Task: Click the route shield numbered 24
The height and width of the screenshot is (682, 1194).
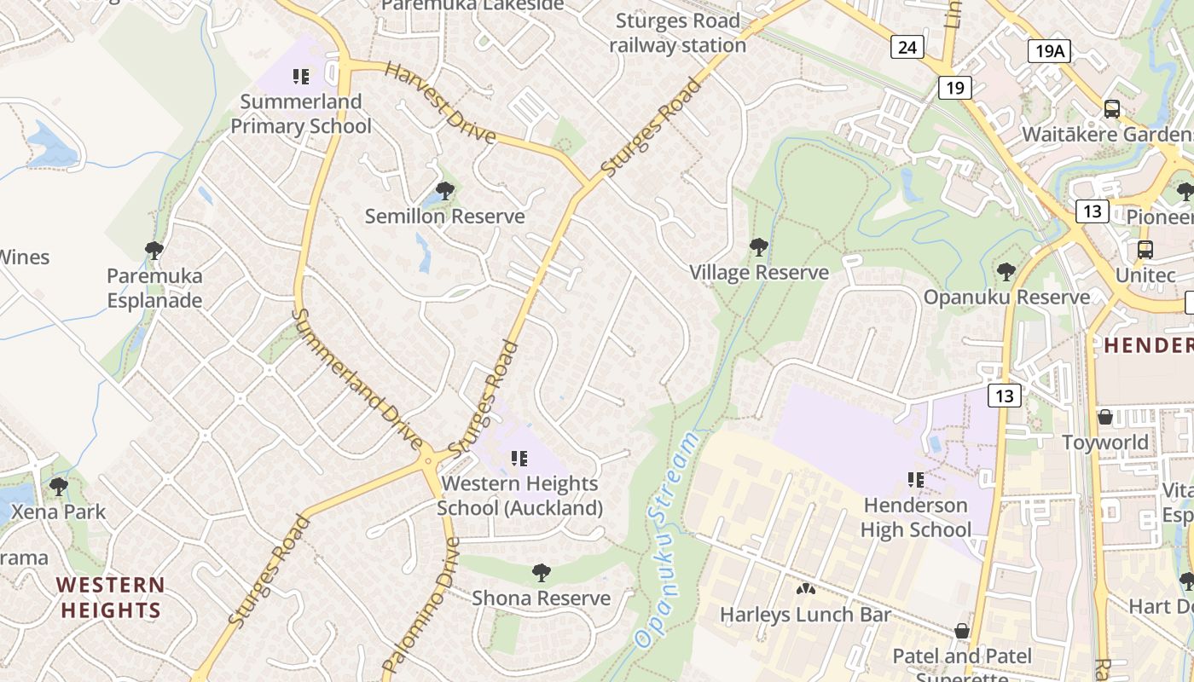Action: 907,47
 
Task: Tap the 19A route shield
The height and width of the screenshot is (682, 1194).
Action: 1049,51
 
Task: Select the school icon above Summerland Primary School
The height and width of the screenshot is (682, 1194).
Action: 301,77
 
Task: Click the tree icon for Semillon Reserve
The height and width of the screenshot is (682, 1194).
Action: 444,190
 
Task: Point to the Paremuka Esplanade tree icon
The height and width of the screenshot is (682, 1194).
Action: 154,250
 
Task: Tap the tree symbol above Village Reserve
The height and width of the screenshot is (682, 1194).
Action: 758,247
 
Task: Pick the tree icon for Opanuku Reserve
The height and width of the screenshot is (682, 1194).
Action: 1006,272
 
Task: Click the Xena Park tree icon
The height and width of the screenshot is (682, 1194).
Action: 59,487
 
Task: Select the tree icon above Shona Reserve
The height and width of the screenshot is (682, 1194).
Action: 541,572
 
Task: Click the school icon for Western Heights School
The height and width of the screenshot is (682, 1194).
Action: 519,459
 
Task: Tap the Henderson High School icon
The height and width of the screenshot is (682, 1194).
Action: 916,480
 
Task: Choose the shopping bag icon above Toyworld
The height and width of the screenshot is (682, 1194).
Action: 1105,417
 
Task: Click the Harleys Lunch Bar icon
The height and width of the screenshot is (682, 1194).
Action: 804,588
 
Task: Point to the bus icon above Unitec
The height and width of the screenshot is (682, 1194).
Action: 1145,250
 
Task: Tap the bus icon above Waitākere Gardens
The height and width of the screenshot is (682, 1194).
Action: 1112,109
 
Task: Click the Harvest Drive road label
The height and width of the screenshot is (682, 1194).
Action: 439,102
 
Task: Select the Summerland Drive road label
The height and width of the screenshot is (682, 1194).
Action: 358,379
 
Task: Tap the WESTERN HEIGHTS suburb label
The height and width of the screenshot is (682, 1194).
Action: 111,598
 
